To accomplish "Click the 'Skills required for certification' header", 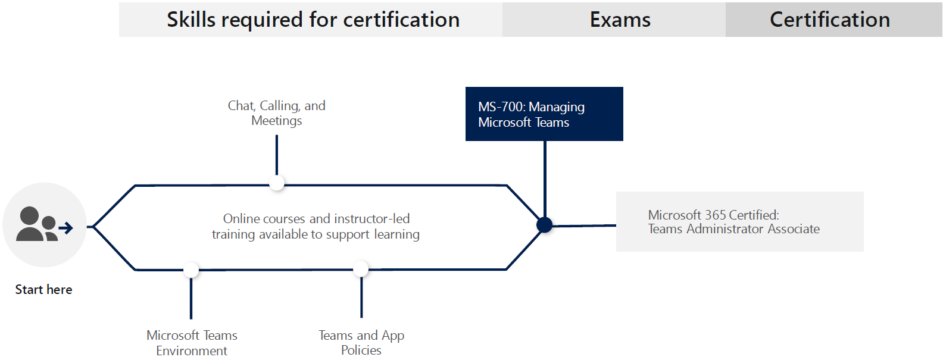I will [x=313, y=20].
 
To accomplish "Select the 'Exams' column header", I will [x=620, y=20].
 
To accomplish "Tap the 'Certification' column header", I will [x=829, y=20].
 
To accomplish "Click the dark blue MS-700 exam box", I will [x=544, y=114].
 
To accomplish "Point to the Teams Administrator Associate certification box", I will [x=739, y=221].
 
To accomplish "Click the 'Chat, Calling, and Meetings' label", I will [x=277, y=113].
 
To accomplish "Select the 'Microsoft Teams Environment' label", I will [x=192, y=343].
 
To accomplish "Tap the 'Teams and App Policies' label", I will [x=361, y=343].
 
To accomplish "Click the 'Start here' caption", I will [x=43, y=290].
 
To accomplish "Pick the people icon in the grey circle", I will [x=37, y=224].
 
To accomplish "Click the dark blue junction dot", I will [x=544, y=225].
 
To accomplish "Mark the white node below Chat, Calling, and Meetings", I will [x=277, y=183].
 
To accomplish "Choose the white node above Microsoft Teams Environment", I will [x=191, y=270].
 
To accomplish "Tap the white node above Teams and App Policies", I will [x=361, y=269].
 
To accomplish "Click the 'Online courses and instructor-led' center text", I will [x=316, y=219].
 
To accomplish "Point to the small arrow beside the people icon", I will [x=66, y=228].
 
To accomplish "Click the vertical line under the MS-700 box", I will [x=545, y=179].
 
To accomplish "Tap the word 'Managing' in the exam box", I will [x=557, y=107].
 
